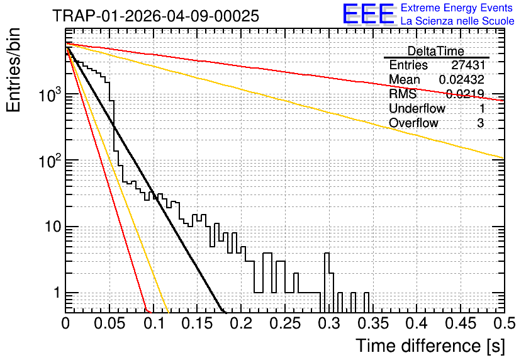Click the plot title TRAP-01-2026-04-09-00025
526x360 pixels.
tap(155, 16)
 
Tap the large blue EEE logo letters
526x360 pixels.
tap(369, 14)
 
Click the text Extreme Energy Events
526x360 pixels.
tap(457, 8)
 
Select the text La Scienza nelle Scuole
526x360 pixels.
tap(457, 21)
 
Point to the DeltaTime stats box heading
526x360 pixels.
tap(435, 51)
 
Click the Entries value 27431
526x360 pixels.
tap(468, 65)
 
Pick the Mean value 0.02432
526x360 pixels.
tap(462, 79)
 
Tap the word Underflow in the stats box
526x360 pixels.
tap(417, 108)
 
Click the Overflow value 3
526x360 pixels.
tap(480, 123)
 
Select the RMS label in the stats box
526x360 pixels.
tap(403, 94)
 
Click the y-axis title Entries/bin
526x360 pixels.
tap(13, 70)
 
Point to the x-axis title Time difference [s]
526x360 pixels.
tap(430, 346)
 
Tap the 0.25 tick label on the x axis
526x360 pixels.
tap(286, 323)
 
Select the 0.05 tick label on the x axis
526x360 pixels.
tap(109, 323)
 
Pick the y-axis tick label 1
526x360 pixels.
tap(57, 293)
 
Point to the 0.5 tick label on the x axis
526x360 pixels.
tap(504, 323)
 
